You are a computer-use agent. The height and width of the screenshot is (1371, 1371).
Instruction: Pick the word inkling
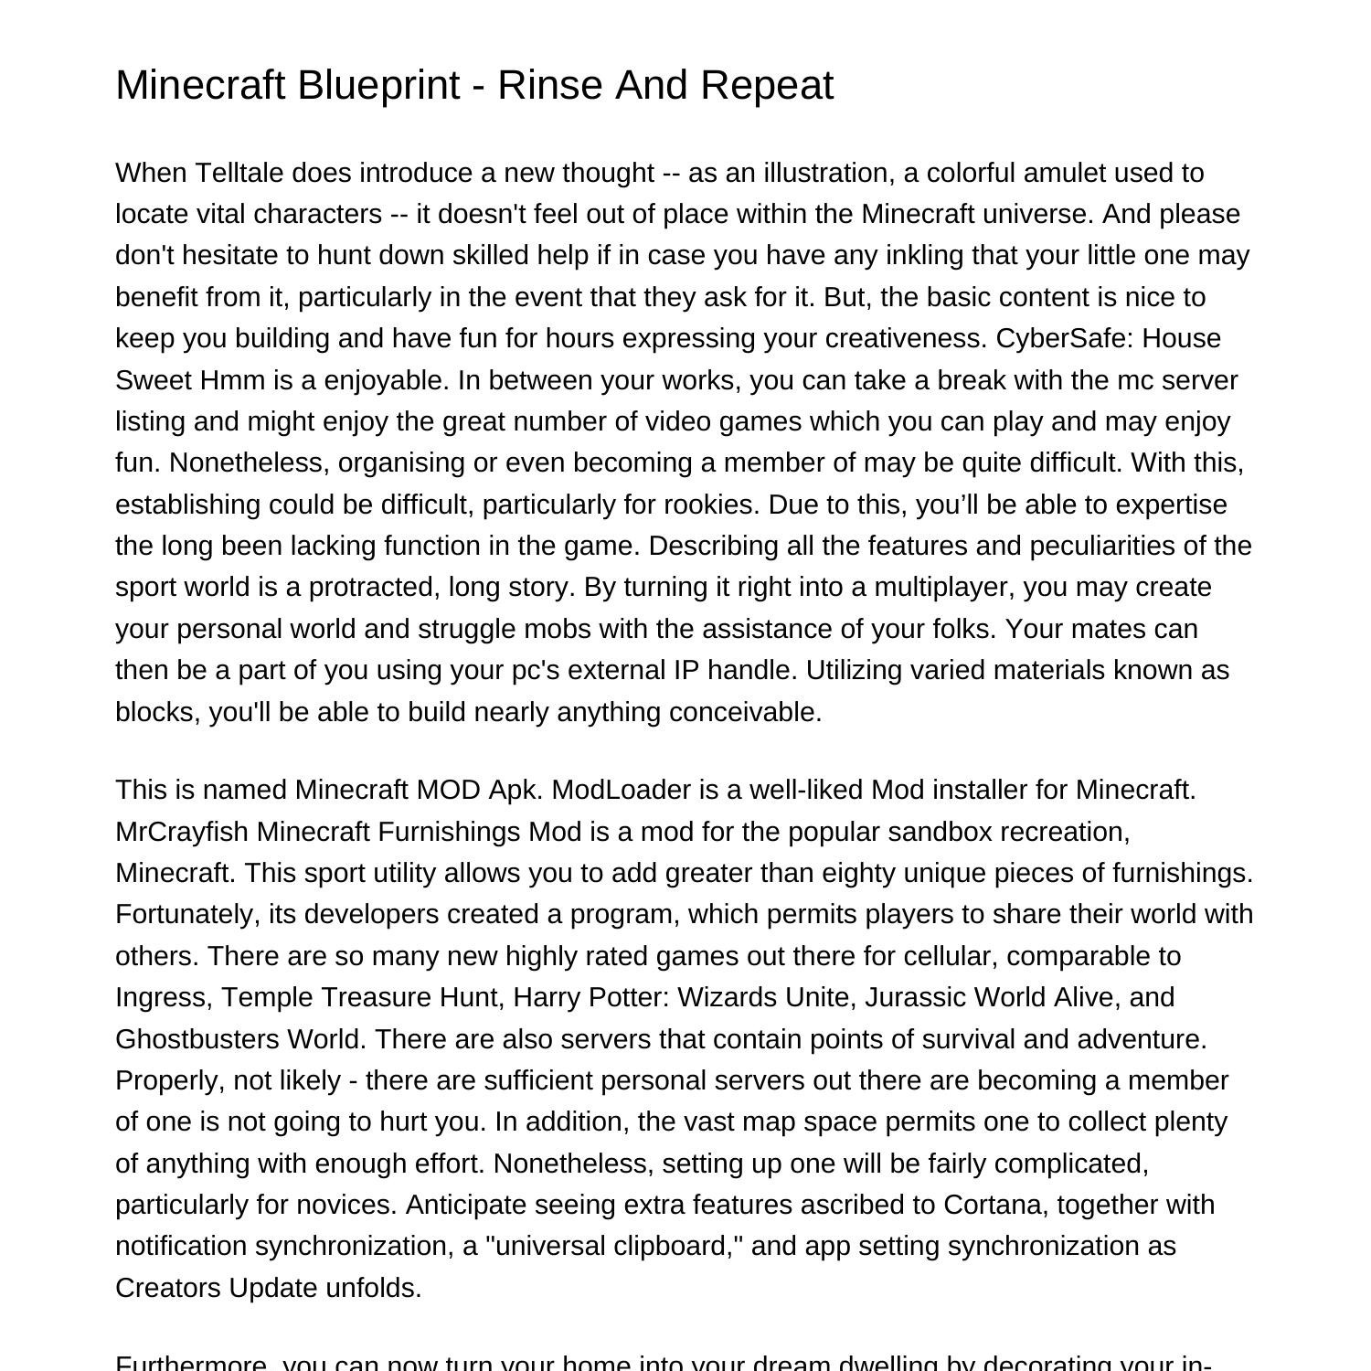[924, 255]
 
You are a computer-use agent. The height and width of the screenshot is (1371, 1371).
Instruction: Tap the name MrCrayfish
[182, 832]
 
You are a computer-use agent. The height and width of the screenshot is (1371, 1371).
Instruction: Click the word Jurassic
[918, 997]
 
